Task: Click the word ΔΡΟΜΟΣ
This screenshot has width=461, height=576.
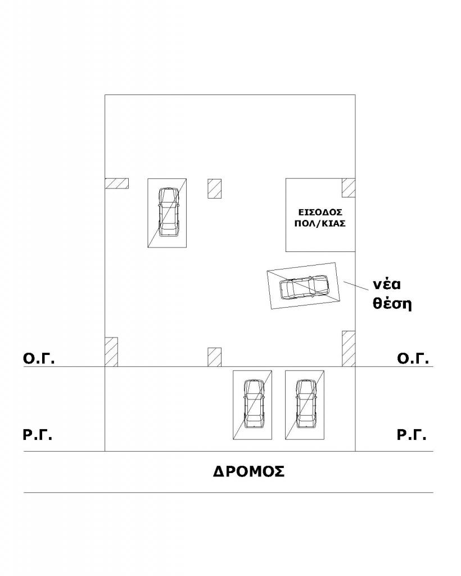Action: (x=248, y=471)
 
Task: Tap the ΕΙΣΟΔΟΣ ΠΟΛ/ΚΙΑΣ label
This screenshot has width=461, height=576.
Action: (x=320, y=218)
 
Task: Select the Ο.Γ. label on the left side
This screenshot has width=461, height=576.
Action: (x=39, y=358)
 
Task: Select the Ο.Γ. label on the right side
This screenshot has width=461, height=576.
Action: (x=413, y=358)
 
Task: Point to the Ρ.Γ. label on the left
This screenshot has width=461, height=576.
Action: (x=38, y=435)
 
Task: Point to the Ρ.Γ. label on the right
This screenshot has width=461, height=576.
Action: (x=412, y=435)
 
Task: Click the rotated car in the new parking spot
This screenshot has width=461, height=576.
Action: (x=304, y=287)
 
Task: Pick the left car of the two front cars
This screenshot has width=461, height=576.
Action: (x=254, y=404)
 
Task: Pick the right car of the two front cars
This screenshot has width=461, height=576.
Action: (x=306, y=404)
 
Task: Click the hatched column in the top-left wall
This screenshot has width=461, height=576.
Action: (x=117, y=183)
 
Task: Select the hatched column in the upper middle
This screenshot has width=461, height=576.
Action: (x=214, y=189)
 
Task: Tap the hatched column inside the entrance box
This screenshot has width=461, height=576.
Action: (x=349, y=188)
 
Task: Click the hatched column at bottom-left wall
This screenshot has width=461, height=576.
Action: (x=111, y=352)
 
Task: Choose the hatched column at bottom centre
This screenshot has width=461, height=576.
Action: (x=214, y=357)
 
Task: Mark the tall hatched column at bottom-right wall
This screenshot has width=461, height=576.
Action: (x=349, y=349)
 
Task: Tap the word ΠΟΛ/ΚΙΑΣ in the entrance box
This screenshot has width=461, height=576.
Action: (x=320, y=223)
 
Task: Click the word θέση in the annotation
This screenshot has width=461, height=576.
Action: (x=392, y=304)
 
